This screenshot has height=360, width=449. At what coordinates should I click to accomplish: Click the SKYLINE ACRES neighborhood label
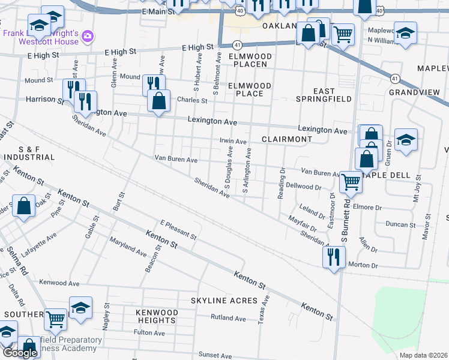point(224,300)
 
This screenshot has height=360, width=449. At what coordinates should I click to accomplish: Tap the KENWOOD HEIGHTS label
point(157,316)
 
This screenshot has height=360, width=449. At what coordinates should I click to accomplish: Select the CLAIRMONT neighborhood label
point(287,139)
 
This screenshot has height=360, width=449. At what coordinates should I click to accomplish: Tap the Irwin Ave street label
point(234,142)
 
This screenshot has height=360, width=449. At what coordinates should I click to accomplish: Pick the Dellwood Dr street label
point(303,187)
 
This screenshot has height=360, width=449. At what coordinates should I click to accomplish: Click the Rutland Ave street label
point(228,318)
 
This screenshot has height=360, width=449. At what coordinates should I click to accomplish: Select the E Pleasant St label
point(178,230)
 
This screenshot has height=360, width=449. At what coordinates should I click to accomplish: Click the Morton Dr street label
point(364,265)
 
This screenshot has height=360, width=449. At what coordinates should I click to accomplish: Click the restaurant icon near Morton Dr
point(333,257)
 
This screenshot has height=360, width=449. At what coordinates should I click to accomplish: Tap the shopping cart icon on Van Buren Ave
point(351,181)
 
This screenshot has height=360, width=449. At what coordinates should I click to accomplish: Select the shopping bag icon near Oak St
point(23,206)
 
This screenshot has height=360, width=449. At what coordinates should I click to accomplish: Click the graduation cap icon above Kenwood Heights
point(80,307)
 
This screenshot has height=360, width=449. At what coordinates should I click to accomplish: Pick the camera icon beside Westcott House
point(88,37)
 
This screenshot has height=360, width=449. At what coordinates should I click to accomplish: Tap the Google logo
point(19,353)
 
